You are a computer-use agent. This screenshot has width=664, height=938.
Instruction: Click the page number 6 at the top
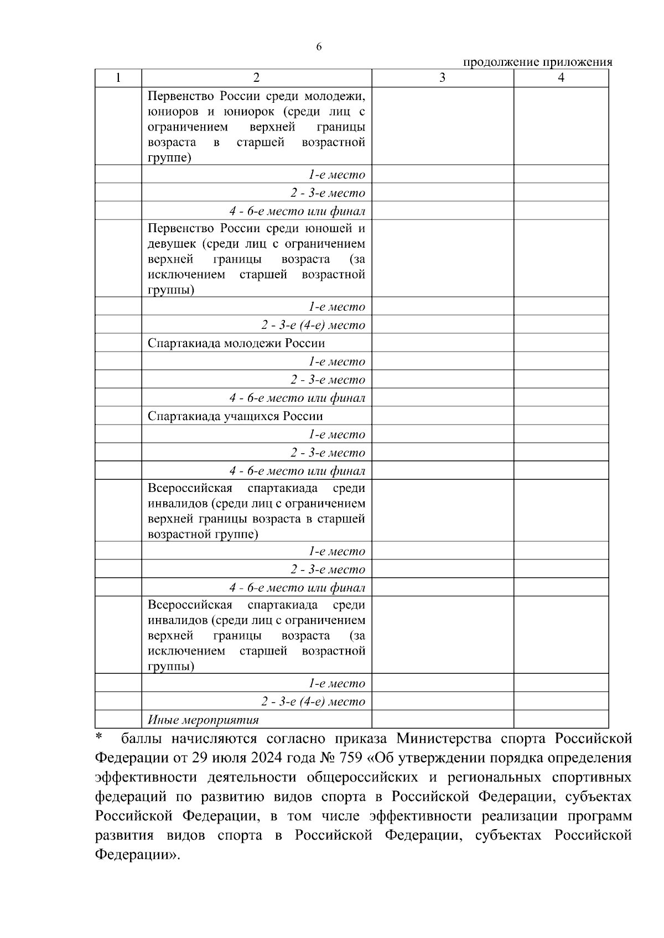point(319,48)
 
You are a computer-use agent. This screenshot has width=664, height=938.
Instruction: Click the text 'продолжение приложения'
point(537,62)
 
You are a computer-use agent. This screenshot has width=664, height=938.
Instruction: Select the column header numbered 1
point(118,78)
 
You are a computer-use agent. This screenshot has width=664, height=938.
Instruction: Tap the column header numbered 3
point(442,78)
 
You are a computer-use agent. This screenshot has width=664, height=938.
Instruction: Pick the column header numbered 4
point(561,78)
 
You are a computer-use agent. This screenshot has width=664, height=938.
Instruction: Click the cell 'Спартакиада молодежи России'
point(236,343)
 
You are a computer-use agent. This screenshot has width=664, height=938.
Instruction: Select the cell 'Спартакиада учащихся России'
point(235,416)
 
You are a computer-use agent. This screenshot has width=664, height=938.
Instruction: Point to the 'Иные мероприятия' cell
point(203,720)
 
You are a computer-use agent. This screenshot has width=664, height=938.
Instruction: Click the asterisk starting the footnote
point(99,737)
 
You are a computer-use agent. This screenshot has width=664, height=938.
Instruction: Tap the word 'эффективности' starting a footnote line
point(146,777)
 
